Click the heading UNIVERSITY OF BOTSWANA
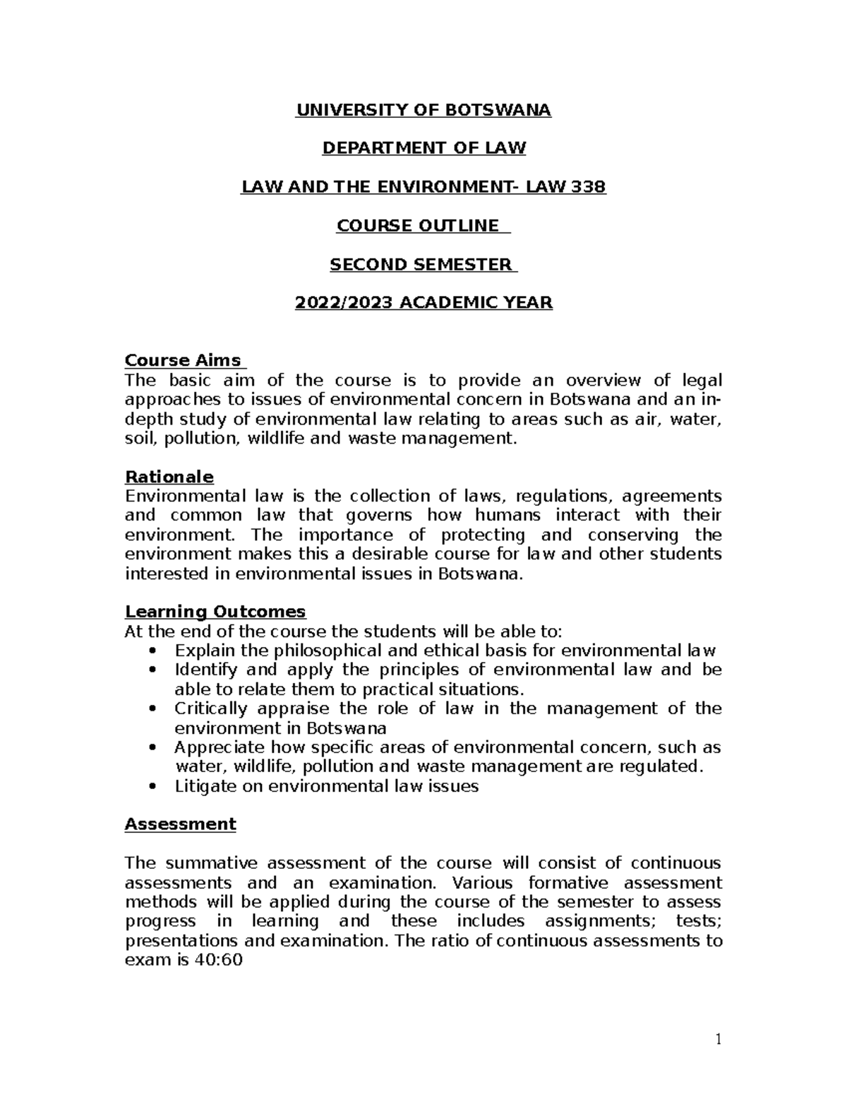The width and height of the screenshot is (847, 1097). [x=423, y=110]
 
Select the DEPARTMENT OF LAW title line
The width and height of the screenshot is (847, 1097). [x=423, y=148]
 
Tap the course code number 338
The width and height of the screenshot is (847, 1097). [x=589, y=187]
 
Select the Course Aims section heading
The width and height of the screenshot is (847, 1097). [x=183, y=360]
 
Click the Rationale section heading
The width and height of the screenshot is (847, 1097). [x=169, y=477]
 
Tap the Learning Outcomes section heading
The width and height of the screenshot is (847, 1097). [x=215, y=611]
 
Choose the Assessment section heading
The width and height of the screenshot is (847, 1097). [x=180, y=824]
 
